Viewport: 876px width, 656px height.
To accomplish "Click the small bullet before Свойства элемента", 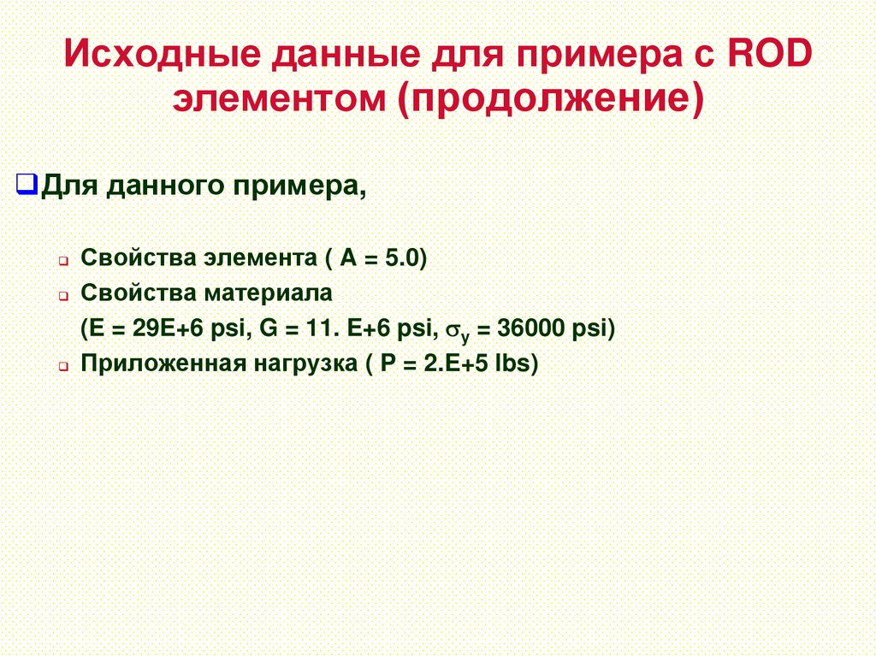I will [x=63, y=259].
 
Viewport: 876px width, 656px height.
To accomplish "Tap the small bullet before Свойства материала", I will [x=63, y=295].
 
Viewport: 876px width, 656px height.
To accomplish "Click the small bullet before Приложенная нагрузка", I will [x=63, y=366].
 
